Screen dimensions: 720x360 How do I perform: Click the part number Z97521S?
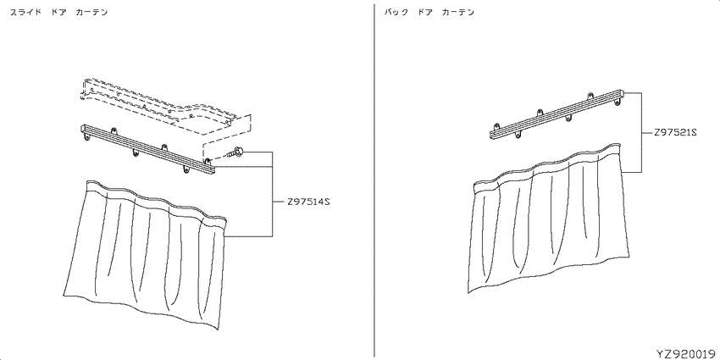click(675, 133)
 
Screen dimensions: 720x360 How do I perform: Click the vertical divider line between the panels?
click(374, 180)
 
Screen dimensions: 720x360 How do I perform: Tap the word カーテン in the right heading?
click(457, 13)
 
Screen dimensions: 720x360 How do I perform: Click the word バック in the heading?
click(396, 13)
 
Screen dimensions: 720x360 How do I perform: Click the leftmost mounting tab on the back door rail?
click(496, 126)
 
